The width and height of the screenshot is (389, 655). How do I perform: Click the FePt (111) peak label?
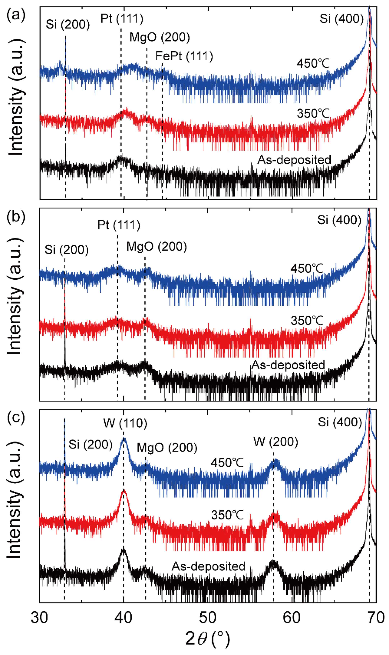pyautogui.click(x=184, y=56)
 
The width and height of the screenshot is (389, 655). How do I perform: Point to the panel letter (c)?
pyautogui.click(x=16, y=417)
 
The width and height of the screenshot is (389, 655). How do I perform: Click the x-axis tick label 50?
pyautogui.click(x=208, y=617)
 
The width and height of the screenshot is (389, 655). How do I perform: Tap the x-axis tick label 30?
pyautogui.click(x=39, y=617)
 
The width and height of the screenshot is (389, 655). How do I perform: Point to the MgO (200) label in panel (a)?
pyautogui.click(x=160, y=37)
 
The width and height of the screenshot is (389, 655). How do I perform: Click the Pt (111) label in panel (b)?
pyautogui.click(x=119, y=225)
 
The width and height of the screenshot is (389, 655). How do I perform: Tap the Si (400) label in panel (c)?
pyautogui.click(x=340, y=422)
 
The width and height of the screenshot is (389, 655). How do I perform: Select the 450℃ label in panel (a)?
pyautogui.click(x=313, y=63)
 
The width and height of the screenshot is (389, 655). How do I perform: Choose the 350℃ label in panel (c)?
pyautogui.click(x=227, y=515)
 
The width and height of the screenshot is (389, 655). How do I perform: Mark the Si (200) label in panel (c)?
pyautogui.click(x=90, y=445)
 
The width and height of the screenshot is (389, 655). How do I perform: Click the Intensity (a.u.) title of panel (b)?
pyautogui.click(x=14, y=296)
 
